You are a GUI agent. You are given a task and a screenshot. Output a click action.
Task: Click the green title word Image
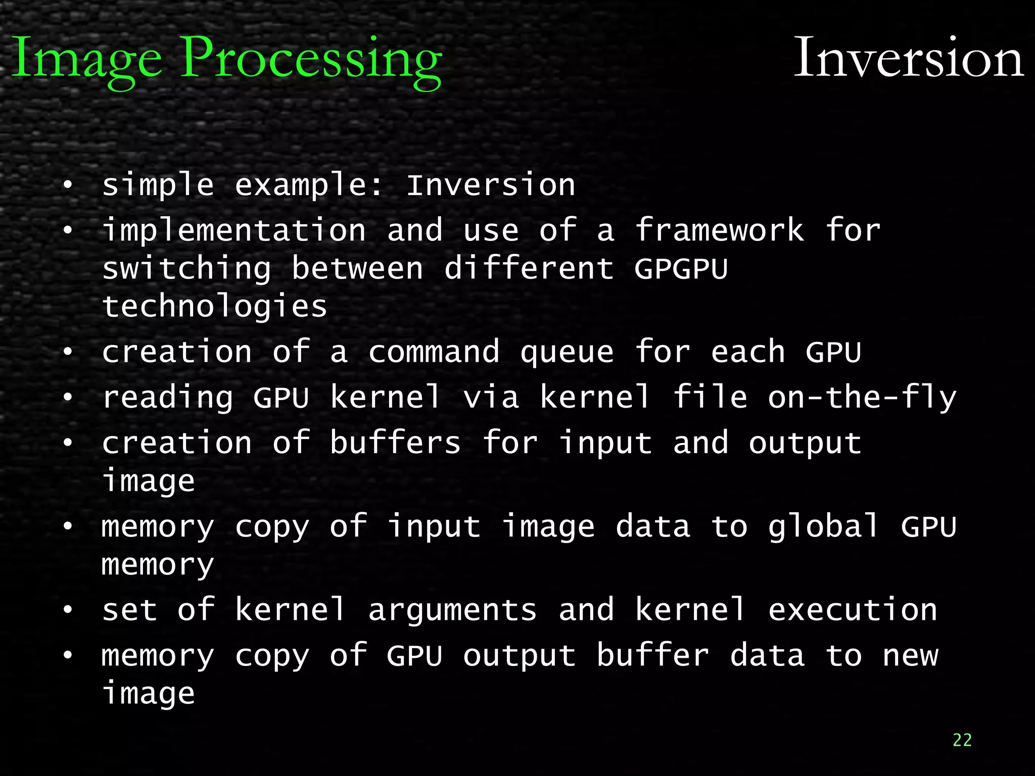(86, 60)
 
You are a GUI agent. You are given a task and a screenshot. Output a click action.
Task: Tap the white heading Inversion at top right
(909, 58)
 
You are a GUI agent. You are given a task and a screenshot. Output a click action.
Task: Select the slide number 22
(962, 740)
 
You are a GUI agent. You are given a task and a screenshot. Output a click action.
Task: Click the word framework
(719, 230)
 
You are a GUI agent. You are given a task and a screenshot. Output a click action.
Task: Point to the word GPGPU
(681, 268)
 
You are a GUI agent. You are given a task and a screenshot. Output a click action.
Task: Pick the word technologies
(215, 307)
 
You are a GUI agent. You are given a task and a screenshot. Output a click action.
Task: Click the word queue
(567, 352)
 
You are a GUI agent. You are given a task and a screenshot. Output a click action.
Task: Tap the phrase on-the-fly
(862, 397)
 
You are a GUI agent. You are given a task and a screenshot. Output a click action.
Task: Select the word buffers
(395, 443)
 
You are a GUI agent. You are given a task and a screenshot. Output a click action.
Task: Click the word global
(824, 526)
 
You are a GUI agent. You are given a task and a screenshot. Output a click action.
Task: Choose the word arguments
(452, 610)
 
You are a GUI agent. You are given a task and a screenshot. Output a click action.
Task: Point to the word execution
(853, 610)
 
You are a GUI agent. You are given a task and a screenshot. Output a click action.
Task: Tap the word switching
(186, 268)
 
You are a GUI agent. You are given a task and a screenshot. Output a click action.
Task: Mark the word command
(434, 352)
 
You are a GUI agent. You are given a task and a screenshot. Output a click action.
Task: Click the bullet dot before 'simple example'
(68, 185)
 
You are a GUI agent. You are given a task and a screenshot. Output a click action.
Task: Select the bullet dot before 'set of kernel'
(68, 610)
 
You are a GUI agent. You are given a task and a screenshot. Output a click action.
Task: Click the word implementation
(234, 230)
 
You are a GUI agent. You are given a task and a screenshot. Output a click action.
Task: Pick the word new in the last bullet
(910, 656)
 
